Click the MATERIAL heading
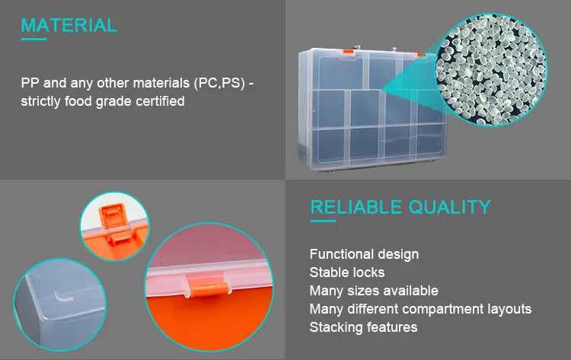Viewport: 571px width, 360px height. [x=69, y=25]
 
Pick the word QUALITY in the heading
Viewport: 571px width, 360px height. [x=449, y=207]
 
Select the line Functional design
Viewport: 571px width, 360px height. [x=364, y=254]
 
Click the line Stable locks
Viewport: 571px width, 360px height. [x=346, y=272]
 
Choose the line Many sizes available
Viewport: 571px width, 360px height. [x=373, y=291]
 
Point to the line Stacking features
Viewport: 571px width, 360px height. [x=363, y=327]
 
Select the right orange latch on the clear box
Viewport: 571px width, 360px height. [x=420, y=54]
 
